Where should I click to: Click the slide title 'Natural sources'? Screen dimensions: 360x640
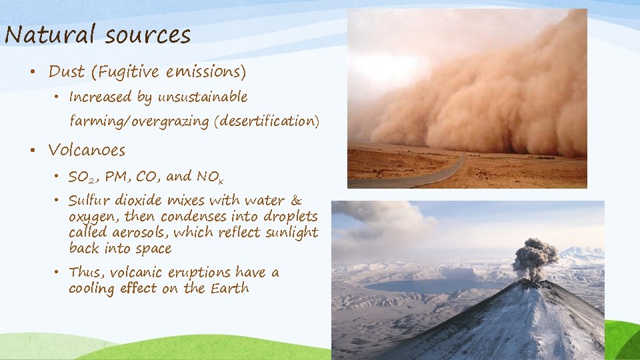point(97,34)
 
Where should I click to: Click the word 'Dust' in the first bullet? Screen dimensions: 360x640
point(67,71)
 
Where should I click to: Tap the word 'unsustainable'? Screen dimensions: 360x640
point(202,97)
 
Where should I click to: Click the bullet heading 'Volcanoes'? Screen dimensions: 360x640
point(87,150)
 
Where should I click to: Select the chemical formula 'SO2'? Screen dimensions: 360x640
point(82,177)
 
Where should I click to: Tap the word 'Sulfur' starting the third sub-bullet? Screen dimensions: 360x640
point(89,201)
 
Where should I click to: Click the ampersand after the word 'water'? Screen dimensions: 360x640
point(297,201)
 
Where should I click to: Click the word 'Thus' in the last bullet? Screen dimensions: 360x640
point(85,273)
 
